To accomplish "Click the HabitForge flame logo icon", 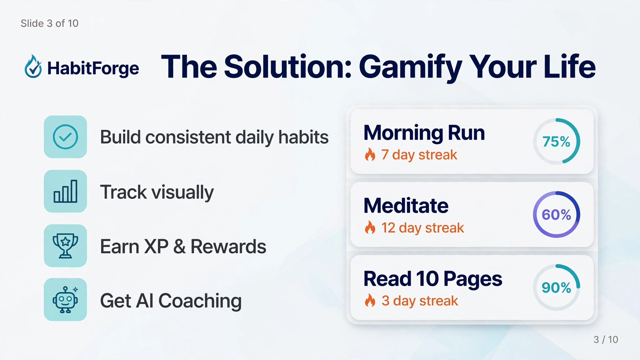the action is (33, 67).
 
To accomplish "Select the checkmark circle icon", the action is (65, 137).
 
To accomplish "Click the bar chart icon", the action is (65, 191).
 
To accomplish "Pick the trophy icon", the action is (65, 246).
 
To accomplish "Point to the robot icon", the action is (65, 299).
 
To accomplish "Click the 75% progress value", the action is (556, 142).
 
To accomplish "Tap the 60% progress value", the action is (556, 215).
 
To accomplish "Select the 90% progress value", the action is (556, 287).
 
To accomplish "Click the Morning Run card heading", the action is (424, 133).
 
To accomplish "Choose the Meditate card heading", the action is (406, 206).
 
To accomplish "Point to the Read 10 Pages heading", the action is (433, 279).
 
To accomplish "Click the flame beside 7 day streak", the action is (370, 154).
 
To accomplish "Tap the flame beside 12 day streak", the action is (370, 227).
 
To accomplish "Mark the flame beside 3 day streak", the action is (370, 300).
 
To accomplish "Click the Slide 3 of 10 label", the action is (49, 23).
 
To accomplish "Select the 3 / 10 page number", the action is (606, 339).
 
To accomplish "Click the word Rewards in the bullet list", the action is (228, 247).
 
